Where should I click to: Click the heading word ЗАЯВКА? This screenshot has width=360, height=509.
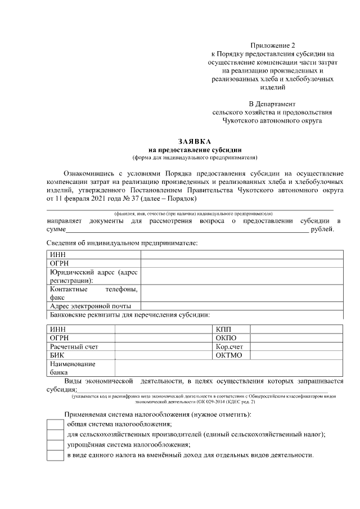[x=195, y=142]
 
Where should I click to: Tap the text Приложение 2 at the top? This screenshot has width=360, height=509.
[x=272, y=44]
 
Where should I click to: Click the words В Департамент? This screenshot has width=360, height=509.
[x=272, y=103]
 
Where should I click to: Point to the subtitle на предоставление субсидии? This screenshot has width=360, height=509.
[x=195, y=150]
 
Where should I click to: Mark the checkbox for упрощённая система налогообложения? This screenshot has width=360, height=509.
[x=55, y=444]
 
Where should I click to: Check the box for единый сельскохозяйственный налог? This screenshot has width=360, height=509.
[x=55, y=434]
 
